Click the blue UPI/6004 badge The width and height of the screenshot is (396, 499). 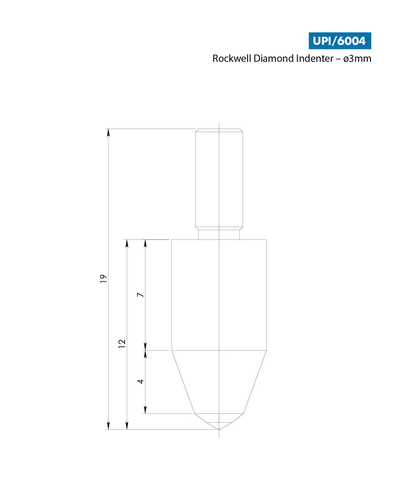[340, 41]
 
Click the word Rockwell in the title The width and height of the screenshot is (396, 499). [232, 59]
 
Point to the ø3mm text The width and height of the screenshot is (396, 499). [357, 59]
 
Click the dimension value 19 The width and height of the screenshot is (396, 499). [103, 279]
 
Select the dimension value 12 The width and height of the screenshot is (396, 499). [122, 343]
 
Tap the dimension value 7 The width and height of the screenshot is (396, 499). [141, 295]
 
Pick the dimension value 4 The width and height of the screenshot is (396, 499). [141, 381]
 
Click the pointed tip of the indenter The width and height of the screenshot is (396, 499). [219, 429]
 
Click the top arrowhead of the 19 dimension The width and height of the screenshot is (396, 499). [108, 133]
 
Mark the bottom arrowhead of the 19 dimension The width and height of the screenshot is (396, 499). [108, 425]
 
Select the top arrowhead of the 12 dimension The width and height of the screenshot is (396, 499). [127, 243]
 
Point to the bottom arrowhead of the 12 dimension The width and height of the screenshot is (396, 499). [127, 425]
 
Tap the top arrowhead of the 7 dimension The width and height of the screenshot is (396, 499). [145, 243]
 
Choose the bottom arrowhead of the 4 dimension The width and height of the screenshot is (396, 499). [145, 410]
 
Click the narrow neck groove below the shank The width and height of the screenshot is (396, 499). [219, 234]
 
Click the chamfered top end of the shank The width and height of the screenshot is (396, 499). [219, 130]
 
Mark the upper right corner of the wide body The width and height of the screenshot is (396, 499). [266, 240]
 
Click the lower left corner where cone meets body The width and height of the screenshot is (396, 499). [172, 350]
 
